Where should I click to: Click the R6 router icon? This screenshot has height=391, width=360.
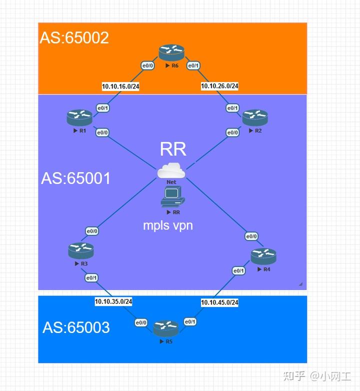click(171, 52)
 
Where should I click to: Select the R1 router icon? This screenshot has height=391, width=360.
click(79, 117)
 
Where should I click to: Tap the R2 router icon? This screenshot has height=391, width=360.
click(255, 117)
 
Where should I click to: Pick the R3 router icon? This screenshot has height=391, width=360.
click(81, 250)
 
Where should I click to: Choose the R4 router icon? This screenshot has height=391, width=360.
click(263, 256)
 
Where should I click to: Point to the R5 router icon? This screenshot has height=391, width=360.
click(166, 328)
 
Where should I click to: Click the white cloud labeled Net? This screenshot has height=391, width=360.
click(171, 170)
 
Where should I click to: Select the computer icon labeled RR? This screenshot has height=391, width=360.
click(172, 197)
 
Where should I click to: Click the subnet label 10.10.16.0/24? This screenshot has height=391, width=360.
click(120, 86)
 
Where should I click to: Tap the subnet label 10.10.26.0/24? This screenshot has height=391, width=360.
click(219, 86)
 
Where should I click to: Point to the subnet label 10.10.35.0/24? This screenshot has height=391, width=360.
click(113, 301)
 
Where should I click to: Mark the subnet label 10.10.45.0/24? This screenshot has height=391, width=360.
click(219, 302)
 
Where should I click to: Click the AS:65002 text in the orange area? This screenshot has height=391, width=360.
click(74, 38)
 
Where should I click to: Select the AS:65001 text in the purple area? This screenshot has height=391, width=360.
click(76, 178)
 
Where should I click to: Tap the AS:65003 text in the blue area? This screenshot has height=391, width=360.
click(76, 327)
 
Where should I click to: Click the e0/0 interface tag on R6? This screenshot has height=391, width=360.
click(147, 65)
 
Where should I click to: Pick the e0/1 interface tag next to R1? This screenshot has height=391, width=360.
click(102, 108)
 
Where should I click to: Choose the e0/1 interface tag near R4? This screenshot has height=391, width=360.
click(238, 271)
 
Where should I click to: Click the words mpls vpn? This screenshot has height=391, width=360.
click(168, 225)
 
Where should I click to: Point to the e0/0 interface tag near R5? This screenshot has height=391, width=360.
click(141, 322)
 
